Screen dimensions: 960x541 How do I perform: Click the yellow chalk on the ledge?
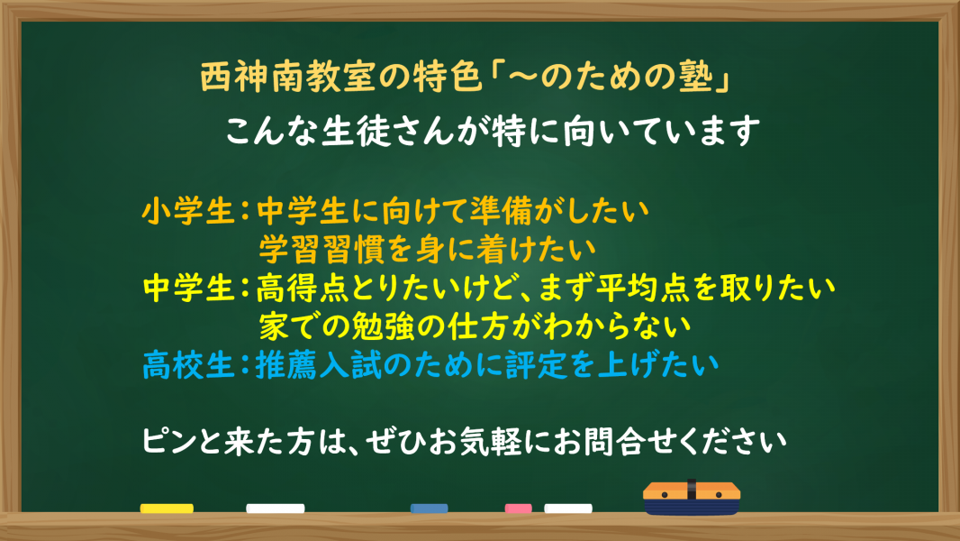[x=167, y=509]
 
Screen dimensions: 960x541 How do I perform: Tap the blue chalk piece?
[x=430, y=509]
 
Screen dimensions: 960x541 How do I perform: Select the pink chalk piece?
[x=518, y=509]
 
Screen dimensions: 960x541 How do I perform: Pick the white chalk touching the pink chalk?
[x=568, y=509]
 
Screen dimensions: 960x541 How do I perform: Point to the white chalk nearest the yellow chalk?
[x=276, y=509]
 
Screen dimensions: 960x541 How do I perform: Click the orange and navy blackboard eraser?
[x=692, y=498]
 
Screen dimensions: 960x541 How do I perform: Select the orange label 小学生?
[x=188, y=211]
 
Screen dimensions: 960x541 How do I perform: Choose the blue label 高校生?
[x=188, y=365]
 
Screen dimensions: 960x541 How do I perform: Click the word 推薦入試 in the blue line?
[x=318, y=365]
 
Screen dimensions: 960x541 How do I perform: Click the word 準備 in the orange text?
[x=502, y=211]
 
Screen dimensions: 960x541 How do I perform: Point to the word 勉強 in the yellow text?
[x=384, y=326]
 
